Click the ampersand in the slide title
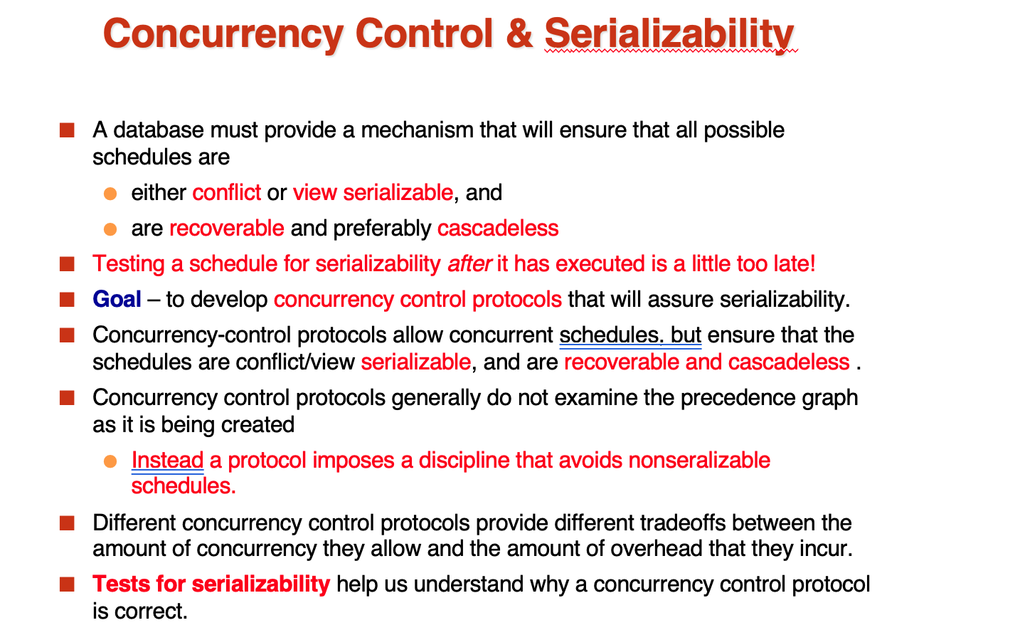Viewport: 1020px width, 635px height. [519, 33]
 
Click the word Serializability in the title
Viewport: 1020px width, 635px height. [669, 36]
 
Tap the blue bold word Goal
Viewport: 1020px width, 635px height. [117, 300]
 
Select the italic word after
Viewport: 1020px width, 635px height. [469, 264]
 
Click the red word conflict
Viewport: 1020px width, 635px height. [226, 192]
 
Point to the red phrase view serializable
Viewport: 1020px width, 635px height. [373, 192]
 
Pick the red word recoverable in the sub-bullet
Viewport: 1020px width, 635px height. [227, 228]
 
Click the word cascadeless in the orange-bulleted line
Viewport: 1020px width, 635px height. [498, 228]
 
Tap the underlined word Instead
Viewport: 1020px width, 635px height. [167, 461]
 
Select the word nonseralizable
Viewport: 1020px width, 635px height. [699, 461]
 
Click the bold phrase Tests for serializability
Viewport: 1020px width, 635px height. [211, 584]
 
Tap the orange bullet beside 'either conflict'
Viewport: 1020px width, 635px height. [110, 194]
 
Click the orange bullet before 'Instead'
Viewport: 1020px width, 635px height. [110, 461]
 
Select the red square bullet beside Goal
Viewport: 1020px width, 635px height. [67, 300]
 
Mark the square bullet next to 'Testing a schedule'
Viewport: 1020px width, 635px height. [67, 264]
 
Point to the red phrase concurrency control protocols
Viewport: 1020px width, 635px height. [418, 300]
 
